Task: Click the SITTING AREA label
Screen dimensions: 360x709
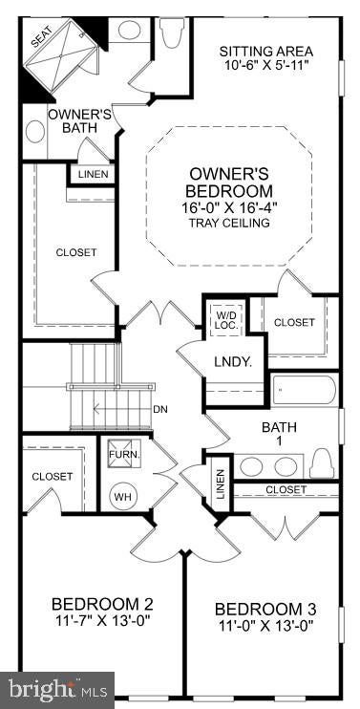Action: click(265, 51)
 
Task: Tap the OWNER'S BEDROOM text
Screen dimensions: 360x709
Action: click(230, 182)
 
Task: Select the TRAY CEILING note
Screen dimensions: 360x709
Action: click(230, 223)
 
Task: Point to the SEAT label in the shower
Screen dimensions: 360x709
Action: click(42, 36)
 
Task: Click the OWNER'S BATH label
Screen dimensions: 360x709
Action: click(79, 120)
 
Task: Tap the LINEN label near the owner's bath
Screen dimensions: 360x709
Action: click(93, 174)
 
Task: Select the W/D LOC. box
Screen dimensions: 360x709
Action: click(226, 319)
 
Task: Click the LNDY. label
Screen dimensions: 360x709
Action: click(233, 362)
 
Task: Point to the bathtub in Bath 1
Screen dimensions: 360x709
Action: click(305, 389)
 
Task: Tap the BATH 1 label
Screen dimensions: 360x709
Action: click(279, 433)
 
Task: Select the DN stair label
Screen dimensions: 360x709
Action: click(160, 410)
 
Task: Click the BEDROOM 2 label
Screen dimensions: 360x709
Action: click(102, 604)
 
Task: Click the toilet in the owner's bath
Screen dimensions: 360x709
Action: click(170, 32)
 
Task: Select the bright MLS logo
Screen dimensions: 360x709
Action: click(57, 690)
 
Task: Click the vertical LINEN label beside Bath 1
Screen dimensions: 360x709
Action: click(220, 483)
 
